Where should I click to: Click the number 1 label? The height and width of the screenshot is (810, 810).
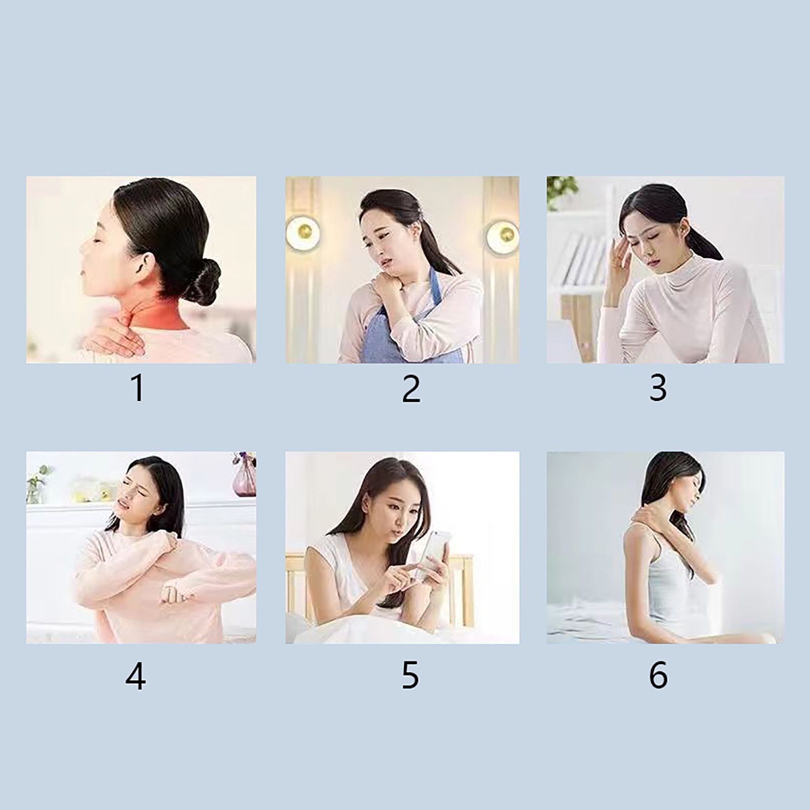point(138,388)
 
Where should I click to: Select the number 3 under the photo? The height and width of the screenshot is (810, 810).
point(658,388)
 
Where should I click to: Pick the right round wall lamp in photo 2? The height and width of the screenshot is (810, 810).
point(502,236)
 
